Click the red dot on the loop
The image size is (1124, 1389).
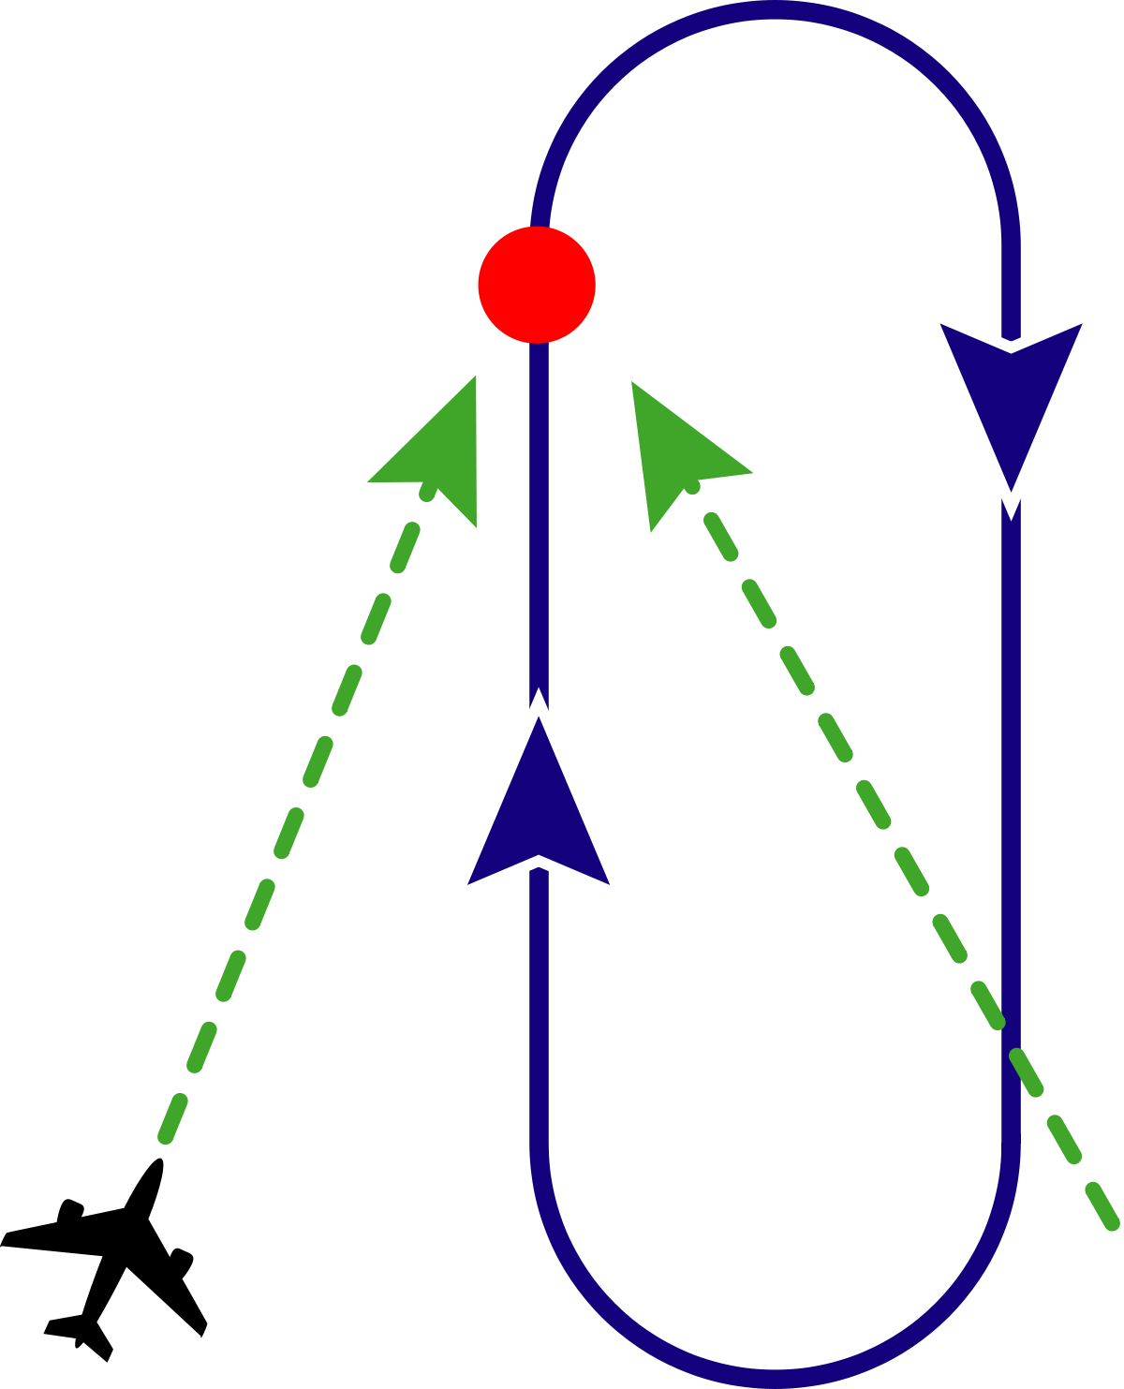point(537,284)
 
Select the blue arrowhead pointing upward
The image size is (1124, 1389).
point(539,815)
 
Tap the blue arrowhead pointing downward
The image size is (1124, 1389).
point(1011,393)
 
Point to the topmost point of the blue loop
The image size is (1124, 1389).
point(776,9)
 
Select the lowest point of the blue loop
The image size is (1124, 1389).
point(776,1379)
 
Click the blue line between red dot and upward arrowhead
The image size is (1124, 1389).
point(539,515)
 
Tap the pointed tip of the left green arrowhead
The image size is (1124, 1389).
point(475,377)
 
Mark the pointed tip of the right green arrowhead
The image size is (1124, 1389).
point(632,382)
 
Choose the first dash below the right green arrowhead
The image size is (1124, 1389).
point(721,536)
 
